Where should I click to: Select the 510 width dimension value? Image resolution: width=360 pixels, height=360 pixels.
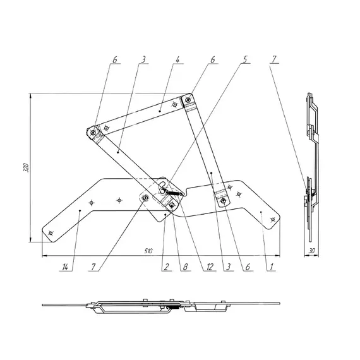coord(148,251)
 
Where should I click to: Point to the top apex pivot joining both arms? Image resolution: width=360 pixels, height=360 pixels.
coord(188,99)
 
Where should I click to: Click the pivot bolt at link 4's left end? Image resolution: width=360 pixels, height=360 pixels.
coord(93,132)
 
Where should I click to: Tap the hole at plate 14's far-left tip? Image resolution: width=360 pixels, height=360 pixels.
coord(51,233)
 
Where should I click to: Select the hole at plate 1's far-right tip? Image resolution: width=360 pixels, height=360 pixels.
coord(272,219)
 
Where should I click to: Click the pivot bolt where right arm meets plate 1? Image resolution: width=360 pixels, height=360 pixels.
coord(222,201)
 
